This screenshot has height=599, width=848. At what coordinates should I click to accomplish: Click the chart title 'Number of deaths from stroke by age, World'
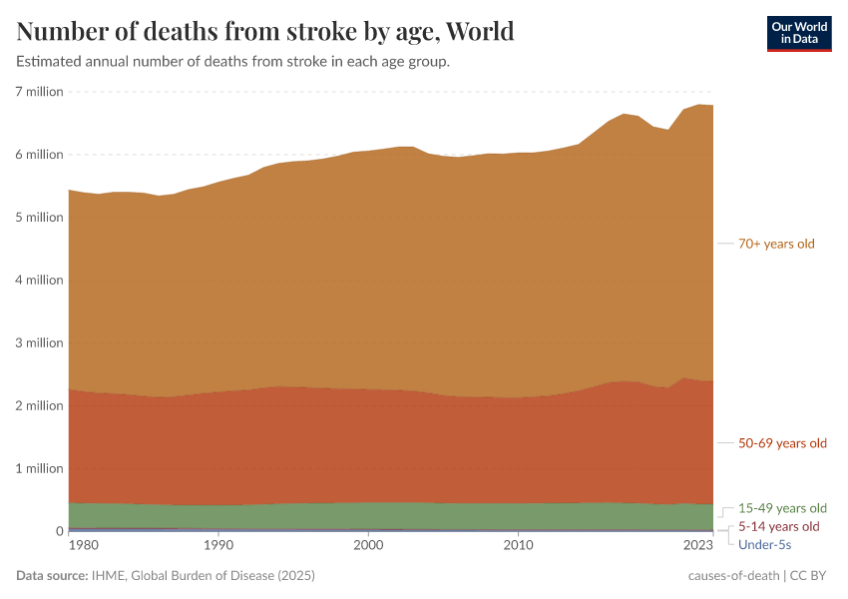click(265, 31)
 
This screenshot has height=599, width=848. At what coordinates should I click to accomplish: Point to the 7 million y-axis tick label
click(39, 92)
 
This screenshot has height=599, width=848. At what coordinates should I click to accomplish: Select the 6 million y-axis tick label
click(39, 155)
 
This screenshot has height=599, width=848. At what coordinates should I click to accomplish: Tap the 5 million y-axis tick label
click(39, 218)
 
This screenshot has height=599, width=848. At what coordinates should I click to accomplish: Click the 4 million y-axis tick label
click(39, 281)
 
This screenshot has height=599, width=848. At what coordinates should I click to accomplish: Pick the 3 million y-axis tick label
click(39, 343)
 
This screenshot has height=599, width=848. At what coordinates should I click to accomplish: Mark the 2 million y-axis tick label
click(39, 406)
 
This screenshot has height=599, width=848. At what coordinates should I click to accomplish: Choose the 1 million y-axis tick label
click(39, 469)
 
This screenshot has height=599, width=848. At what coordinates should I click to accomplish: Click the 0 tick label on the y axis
click(59, 532)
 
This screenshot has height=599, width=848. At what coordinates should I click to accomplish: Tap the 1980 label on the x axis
click(84, 546)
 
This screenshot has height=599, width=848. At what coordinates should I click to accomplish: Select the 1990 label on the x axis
click(218, 546)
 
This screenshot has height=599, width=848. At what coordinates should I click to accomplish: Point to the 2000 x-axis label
click(368, 546)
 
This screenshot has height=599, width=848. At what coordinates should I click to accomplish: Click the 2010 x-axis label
click(518, 546)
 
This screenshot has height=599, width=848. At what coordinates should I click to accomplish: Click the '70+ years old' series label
click(776, 244)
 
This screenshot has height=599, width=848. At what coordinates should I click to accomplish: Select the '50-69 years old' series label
click(782, 443)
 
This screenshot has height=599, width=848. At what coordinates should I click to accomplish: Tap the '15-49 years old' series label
click(782, 508)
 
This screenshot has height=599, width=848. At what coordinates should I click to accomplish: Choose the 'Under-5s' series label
click(764, 544)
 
